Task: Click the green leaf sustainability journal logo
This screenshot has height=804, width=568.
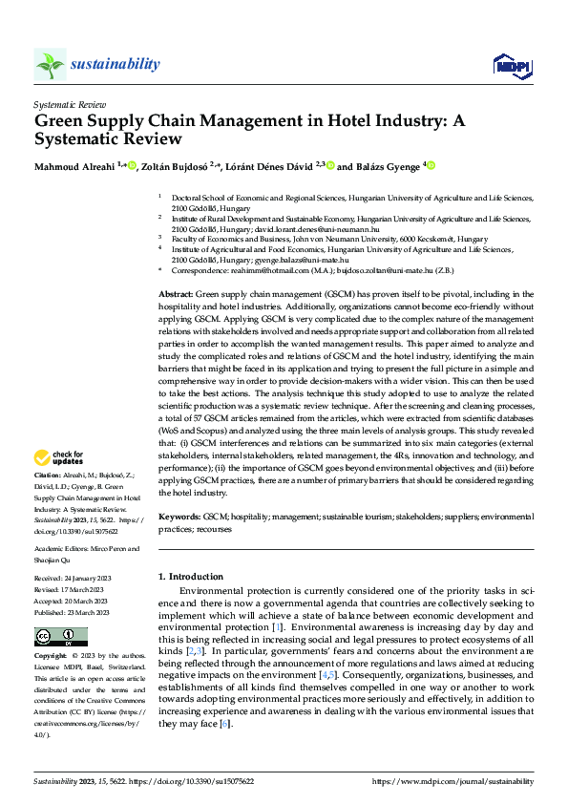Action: pyautogui.click(x=50, y=65)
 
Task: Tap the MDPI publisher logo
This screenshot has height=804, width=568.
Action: pyautogui.click(x=510, y=64)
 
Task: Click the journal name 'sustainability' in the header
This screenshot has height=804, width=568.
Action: pyautogui.click(x=116, y=63)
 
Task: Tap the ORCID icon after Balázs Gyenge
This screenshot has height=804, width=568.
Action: pyautogui.click(x=430, y=166)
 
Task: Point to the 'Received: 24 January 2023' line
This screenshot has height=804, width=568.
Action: pyautogui.click(x=78, y=578)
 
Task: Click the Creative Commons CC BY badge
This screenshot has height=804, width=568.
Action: pyautogui.click(x=60, y=637)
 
